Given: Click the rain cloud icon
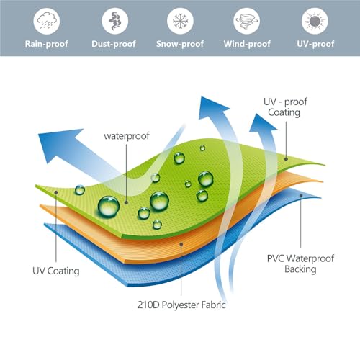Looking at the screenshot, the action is pyautogui.click(x=46, y=21).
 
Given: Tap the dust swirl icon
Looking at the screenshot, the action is pyautogui.click(x=114, y=21).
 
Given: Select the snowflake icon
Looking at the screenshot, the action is pyautogui.click(x=180, y=21).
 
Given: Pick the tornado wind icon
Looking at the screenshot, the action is pyautogui.click(x=246, y=21).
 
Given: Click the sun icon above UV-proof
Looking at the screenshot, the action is pyautogui.click(x=315, y=21).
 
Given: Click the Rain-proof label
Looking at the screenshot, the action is pyautogui.click(x=47, y=44).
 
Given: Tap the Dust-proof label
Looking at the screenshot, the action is pyautogui.click(x=114, y=44).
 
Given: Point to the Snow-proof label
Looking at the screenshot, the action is pyautogui.click(x=180, y=44).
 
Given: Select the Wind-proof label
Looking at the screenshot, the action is pyautogui.click(x=247, y=44).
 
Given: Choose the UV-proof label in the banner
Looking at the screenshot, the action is pyautogui.click(x=315, y=44).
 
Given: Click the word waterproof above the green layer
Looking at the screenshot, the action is pyautogui.click(x=127, y=136).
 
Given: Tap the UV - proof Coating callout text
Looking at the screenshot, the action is pyautogui.click(x=285, y=107).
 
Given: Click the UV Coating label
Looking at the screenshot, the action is pyautogui.click(x=56, y=271).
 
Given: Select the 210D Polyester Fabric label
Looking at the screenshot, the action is pyautogui.click(x=181, y=305).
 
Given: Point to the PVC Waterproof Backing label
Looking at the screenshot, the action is pyautogui.click(x=300, y=264).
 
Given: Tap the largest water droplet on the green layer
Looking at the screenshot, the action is pyautogui.click(x=109, y=207).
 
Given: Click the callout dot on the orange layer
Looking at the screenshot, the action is pyautogui.click(x=181, y=244).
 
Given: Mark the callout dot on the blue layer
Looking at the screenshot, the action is pyautogui.click(x=301, y=196).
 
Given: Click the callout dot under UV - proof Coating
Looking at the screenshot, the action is pyautogui.click(x=286, y=159).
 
